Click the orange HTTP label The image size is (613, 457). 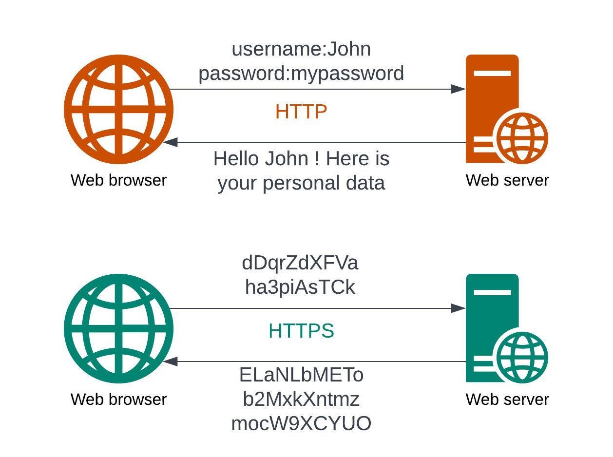[x=301, y=112]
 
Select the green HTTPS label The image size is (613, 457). [x=301, y=331]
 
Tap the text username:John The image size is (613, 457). [x=301, y=49]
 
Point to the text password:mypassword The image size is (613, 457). [x=301, y=74]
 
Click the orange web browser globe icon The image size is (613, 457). [x=118, y=109]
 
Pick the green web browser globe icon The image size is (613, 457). [x=118, y=328]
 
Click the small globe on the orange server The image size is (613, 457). [x=522, y=138]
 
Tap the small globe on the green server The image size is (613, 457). [x=522, y=357]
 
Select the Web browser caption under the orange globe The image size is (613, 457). [x=118, y=180]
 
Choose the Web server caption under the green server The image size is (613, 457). [x=507, y=400]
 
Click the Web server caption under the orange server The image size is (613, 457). [x=507, y=180]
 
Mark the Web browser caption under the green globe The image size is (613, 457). [x=118, y=400]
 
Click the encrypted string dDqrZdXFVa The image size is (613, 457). [x=300, y=263]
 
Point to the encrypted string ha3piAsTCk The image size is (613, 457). [x=300, y=287]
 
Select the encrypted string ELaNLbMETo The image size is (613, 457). [x=301, y=375]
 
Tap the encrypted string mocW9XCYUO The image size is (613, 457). [x=301, y=423]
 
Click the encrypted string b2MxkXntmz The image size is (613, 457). [x=301, y=399]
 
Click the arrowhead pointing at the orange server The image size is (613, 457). [x=458, y=89]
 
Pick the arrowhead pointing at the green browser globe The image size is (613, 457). [x=171, y=362]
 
